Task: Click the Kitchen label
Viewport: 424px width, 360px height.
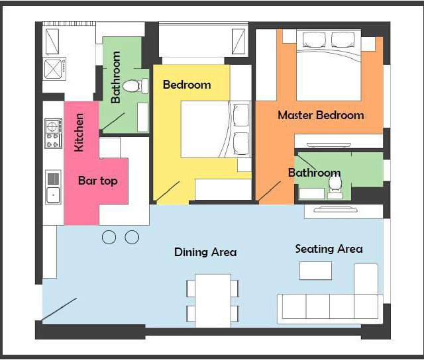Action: point(79,132)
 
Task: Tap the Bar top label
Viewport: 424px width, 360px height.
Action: point(98,181)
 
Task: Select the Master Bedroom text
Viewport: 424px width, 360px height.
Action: point(321,115)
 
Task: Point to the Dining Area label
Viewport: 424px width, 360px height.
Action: point(205,252)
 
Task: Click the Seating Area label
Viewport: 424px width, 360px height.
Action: point(329,249)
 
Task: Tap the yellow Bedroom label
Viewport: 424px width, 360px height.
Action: point(187,85)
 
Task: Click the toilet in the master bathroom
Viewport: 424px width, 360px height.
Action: point(335,187)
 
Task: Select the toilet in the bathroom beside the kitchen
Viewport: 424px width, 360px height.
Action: point(135,86)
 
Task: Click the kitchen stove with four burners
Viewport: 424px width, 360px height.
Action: point(53,134)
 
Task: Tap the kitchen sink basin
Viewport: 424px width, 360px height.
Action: point(53,195)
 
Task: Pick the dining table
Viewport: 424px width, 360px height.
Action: point(213,301)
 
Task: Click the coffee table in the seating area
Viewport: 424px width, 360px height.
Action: point(315,271)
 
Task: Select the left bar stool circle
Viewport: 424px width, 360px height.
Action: point(109,237)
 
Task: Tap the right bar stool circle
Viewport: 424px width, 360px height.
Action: point(132,237)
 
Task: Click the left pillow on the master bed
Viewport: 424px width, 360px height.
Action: point(314,40)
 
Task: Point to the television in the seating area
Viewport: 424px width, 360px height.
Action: point(335,209)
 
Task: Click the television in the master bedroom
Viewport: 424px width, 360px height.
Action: point(329,146)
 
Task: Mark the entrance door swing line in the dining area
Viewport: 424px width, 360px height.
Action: point(59,310)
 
